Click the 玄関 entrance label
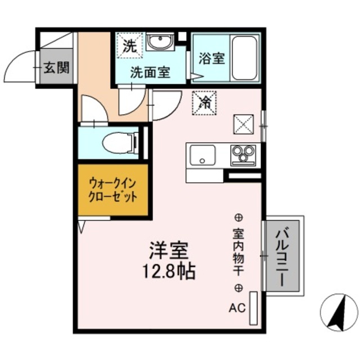(56, 69)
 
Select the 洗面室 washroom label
(150, 72)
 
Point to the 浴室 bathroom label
(211, 58)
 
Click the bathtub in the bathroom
(244, 57)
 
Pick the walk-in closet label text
(113, 190)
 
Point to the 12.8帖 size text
(169, 273)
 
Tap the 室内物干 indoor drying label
(238, 252)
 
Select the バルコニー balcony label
(284, 255)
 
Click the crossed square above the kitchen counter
(243, 124)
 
